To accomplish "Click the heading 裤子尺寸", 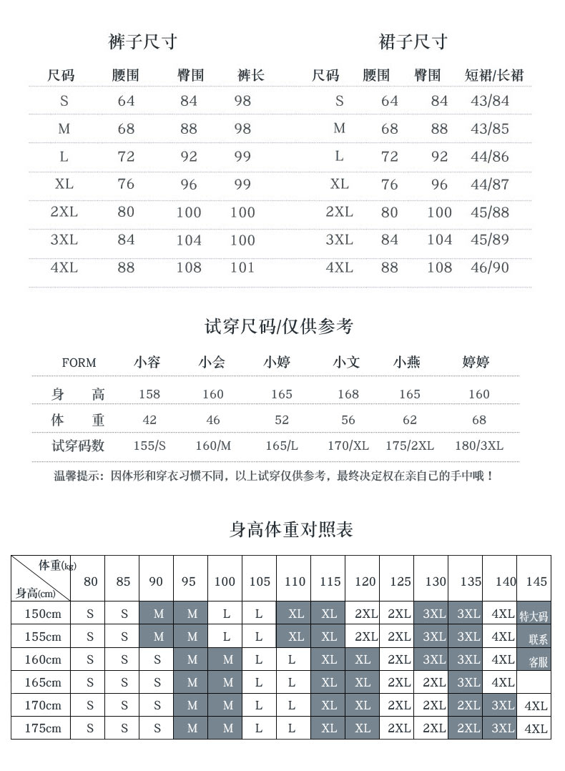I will click(x=142, y=42).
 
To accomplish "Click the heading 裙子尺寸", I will click(x=413, y=42).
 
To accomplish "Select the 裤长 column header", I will click(x=250, y=75).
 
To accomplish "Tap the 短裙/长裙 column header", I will click(x=494, y=75).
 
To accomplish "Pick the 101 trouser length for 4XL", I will click(x=242, y=267).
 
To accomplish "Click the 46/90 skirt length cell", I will click(x=490, y=267).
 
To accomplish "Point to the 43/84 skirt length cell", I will click(x=490, y=101).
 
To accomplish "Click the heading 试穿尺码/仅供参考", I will click(x=279, y=327).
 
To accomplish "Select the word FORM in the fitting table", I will click(x=79, y=363).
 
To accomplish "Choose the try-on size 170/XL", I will click(x=348, y=446).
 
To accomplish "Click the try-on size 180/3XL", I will click(x=478, y=446).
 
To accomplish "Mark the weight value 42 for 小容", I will click(x=149, y=420).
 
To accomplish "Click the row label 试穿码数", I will click(x=78, y=446).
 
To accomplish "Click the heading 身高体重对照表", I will click(x=291, y=529).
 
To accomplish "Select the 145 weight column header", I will click(x=536, y=581).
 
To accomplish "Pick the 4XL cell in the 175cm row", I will click(x=536, y=729).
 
